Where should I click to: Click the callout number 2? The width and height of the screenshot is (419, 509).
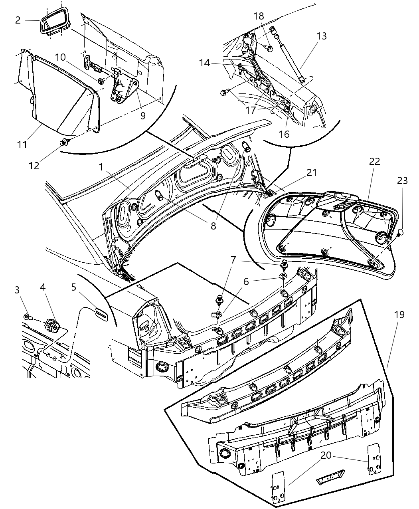tap(18, 20)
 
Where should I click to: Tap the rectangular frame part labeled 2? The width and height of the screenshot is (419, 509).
tap(55, 22)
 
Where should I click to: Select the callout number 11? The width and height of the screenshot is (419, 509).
tap(22, 144)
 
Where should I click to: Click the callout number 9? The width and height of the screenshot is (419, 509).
tap(142, 115)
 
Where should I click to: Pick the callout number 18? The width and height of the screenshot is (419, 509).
tap(259, 16)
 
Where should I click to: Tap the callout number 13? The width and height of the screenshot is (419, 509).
tap(321, 36)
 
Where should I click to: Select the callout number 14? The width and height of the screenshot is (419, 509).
tap(205, 63)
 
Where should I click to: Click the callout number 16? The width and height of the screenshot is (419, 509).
tap(284, 134)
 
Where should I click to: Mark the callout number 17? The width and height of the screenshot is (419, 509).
tap(250, 110)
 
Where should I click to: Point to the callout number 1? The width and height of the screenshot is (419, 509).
tap(101, 166)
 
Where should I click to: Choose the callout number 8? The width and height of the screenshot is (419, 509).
tap(213, 226)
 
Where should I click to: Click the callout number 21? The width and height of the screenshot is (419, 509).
tap(311, 172)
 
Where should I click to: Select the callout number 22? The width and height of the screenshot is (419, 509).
tap(374, 161)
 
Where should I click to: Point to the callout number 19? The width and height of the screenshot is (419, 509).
tap(399, 315)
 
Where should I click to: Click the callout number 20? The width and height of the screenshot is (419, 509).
tap(326, 455)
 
